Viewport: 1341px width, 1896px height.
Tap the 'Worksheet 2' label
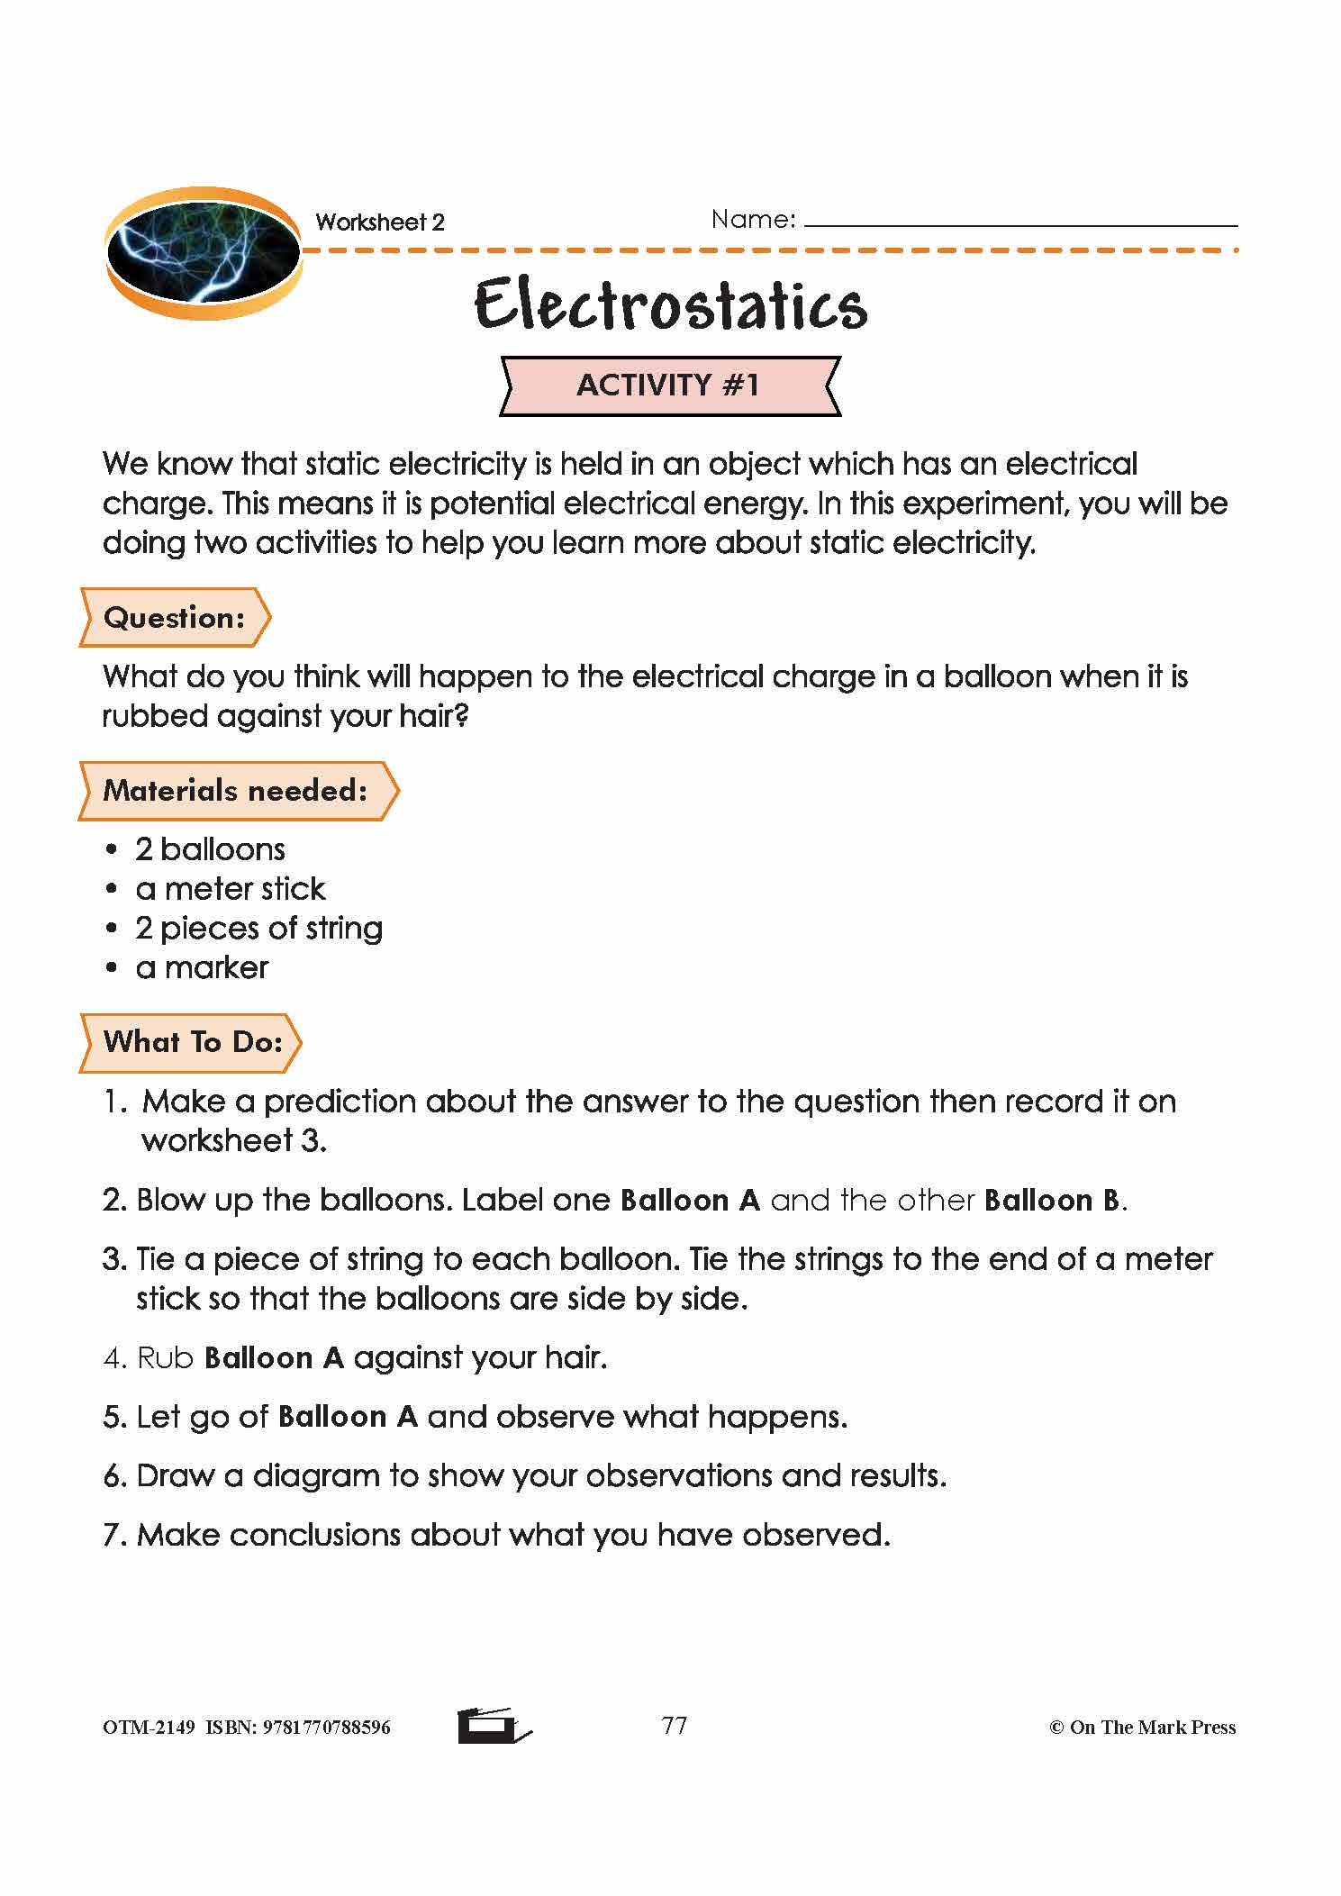click(x=380, y=222)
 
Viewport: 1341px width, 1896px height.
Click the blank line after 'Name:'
click(x=1020, y=221)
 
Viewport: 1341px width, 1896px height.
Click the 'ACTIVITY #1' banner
click(x=669, y=386)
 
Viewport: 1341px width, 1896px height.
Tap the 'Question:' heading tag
click(x=175, y=618)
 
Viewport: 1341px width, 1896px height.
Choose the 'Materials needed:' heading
click(x=236, y=791)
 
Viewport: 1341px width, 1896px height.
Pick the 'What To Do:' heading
click(x=193, y=1042)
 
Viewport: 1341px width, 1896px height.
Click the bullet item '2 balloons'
click(x=210, y=849)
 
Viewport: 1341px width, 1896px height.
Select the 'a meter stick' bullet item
click(x=231, y=889)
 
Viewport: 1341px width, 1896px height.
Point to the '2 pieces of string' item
click(x=258, y=929)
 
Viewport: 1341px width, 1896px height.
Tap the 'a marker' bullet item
click(x=202, y=968)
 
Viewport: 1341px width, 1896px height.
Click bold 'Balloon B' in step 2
click(x=1052, y=1201)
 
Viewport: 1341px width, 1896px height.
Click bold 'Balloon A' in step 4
click(x=275, y=1358)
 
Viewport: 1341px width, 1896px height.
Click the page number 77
click(x=675, y=1726)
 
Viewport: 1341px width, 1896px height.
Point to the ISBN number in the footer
click(x=326, y=1728)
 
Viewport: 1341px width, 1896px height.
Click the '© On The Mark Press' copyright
click(x=1142, y=1728)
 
